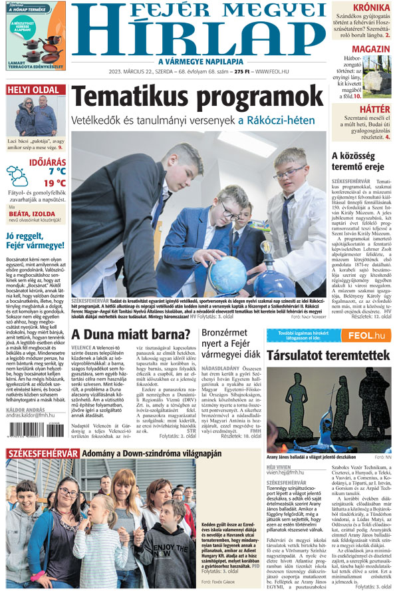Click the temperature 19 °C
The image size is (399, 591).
[x=55, y=183]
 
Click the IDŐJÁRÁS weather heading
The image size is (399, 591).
[x=47, y=160]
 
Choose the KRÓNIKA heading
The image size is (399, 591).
[x=371, y=8]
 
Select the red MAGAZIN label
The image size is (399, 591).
[x=371, y=50]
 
